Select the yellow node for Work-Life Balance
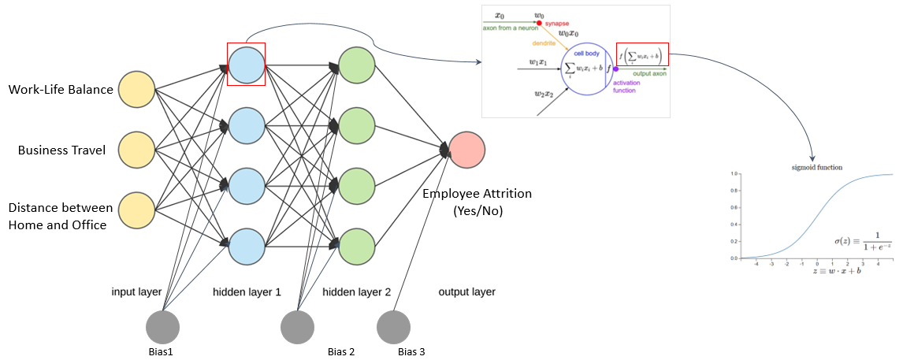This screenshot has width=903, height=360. (x=137, y=90)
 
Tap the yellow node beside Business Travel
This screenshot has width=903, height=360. (x=137, y=149)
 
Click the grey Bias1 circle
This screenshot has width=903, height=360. (x=163, y=327)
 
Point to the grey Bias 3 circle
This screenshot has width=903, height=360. (x=394, y=327)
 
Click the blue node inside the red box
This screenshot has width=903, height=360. (x=246, y=64)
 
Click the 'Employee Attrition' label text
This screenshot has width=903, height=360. (x=477, y=194)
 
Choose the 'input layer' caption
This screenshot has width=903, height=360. (x=136, y=291)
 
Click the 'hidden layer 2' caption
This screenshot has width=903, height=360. (x=356, y=291)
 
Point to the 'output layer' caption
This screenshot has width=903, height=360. (x=466, y=291)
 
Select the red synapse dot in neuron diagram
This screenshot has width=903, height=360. (x=539, y=23)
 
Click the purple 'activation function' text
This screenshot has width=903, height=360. (x=624, y=86)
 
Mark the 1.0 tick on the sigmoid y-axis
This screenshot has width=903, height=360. (x=733, y=173)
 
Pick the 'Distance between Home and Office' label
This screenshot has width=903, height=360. (x=60, y=216)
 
